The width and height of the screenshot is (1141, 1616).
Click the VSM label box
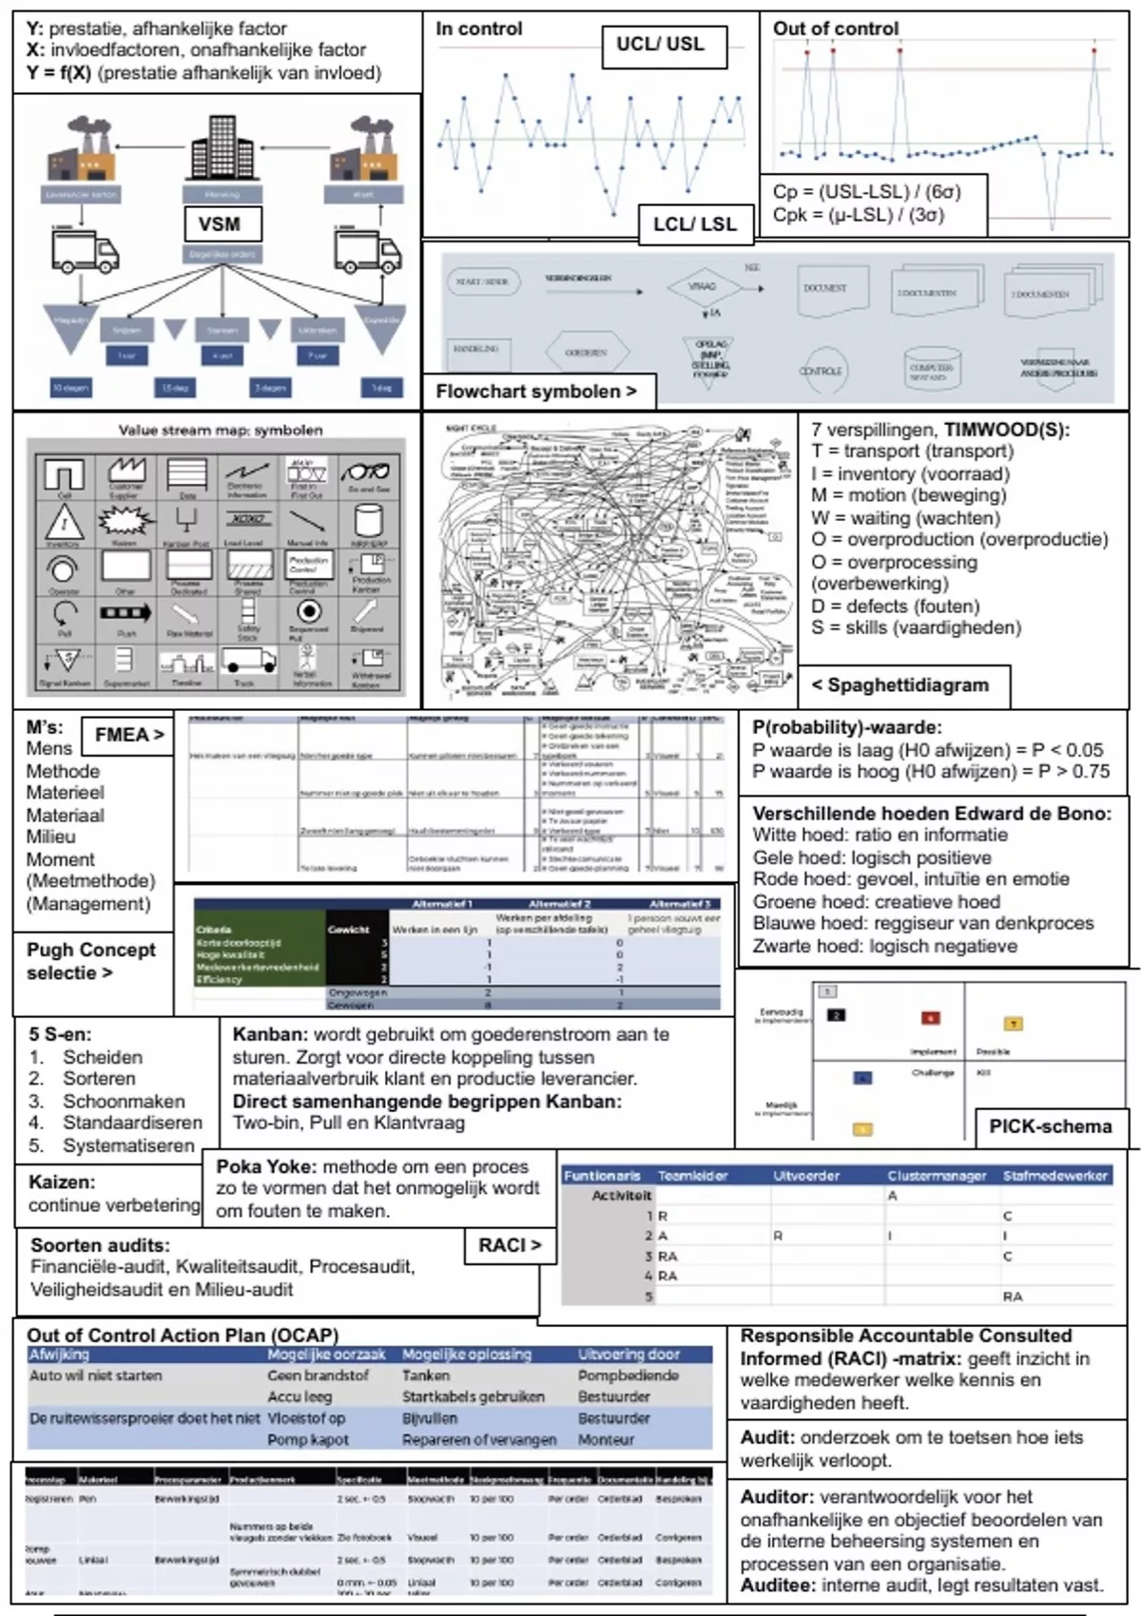coord(219,224)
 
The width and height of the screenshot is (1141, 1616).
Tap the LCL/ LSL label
coord(694,224)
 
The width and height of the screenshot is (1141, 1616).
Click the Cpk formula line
coord(859,215)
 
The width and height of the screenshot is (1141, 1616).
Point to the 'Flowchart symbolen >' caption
coord(536,391)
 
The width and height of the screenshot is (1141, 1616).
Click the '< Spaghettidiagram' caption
coord(899,684)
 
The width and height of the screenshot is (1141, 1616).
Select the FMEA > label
coord(129,734)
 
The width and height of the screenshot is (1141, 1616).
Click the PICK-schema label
coord(1050,1126)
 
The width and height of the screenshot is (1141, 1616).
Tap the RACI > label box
coord(510,1244)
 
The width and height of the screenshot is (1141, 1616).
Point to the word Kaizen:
coord(62,1183)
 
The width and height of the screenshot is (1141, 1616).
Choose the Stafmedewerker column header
coord(1055,1176)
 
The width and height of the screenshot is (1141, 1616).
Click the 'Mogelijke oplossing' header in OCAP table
coord(467,1354)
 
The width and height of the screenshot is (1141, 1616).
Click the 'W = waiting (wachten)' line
coord(905,517)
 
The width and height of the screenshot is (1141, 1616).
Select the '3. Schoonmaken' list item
coord(106,1101)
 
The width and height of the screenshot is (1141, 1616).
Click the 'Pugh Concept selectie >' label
coord(91,961)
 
